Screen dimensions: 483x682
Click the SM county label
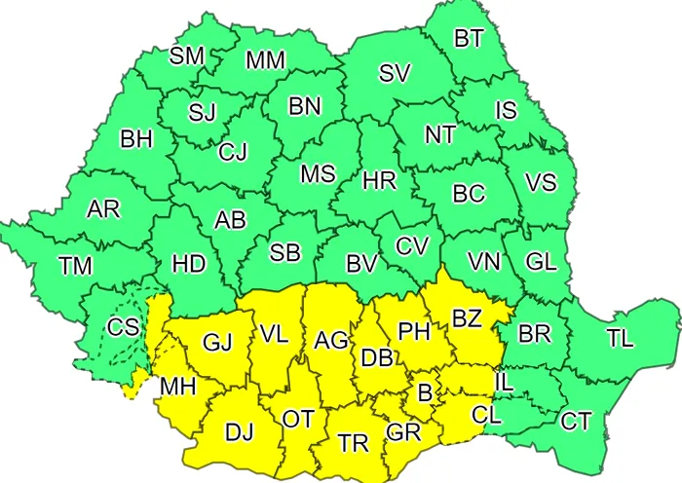point(186,56)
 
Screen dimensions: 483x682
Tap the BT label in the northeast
point(469,38)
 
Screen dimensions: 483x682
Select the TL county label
point(619,338)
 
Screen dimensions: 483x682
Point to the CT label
point(576,421)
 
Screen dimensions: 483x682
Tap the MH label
point(178,386)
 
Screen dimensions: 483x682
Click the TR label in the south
point(353,443)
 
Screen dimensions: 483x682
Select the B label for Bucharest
point(424,393)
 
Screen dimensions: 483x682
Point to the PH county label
point(414,333)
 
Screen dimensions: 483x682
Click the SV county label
point(394,72)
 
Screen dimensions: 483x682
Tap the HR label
point(377,180)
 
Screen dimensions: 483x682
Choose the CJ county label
point(233,151)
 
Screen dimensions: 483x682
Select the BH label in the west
point(136,139)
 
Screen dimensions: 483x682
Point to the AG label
point(331,341)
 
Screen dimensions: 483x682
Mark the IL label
point(504,383)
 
